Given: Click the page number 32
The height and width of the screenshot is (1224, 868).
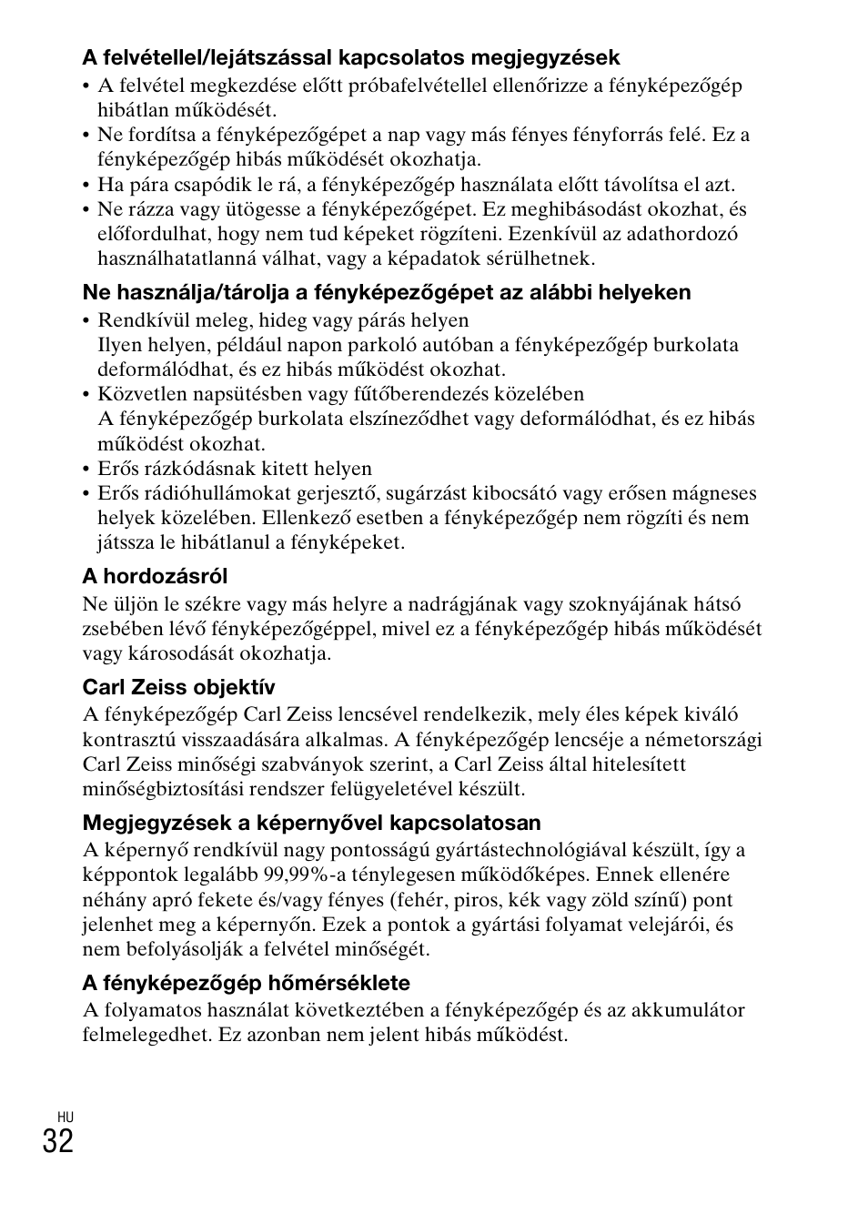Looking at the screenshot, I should pos(57,1140).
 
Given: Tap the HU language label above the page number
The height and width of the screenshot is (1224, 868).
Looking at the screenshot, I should pos(64,1117).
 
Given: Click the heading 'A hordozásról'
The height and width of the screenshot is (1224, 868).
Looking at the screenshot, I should pos(155,576).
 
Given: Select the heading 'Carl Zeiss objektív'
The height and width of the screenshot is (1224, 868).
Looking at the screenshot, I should pos(178,687).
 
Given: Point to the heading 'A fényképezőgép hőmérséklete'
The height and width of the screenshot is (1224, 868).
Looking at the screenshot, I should pos(246,983).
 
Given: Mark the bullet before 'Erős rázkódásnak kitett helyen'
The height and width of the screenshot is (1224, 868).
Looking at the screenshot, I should pos(86,469).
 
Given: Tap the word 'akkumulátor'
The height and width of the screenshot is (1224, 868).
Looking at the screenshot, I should pos(690,1010).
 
